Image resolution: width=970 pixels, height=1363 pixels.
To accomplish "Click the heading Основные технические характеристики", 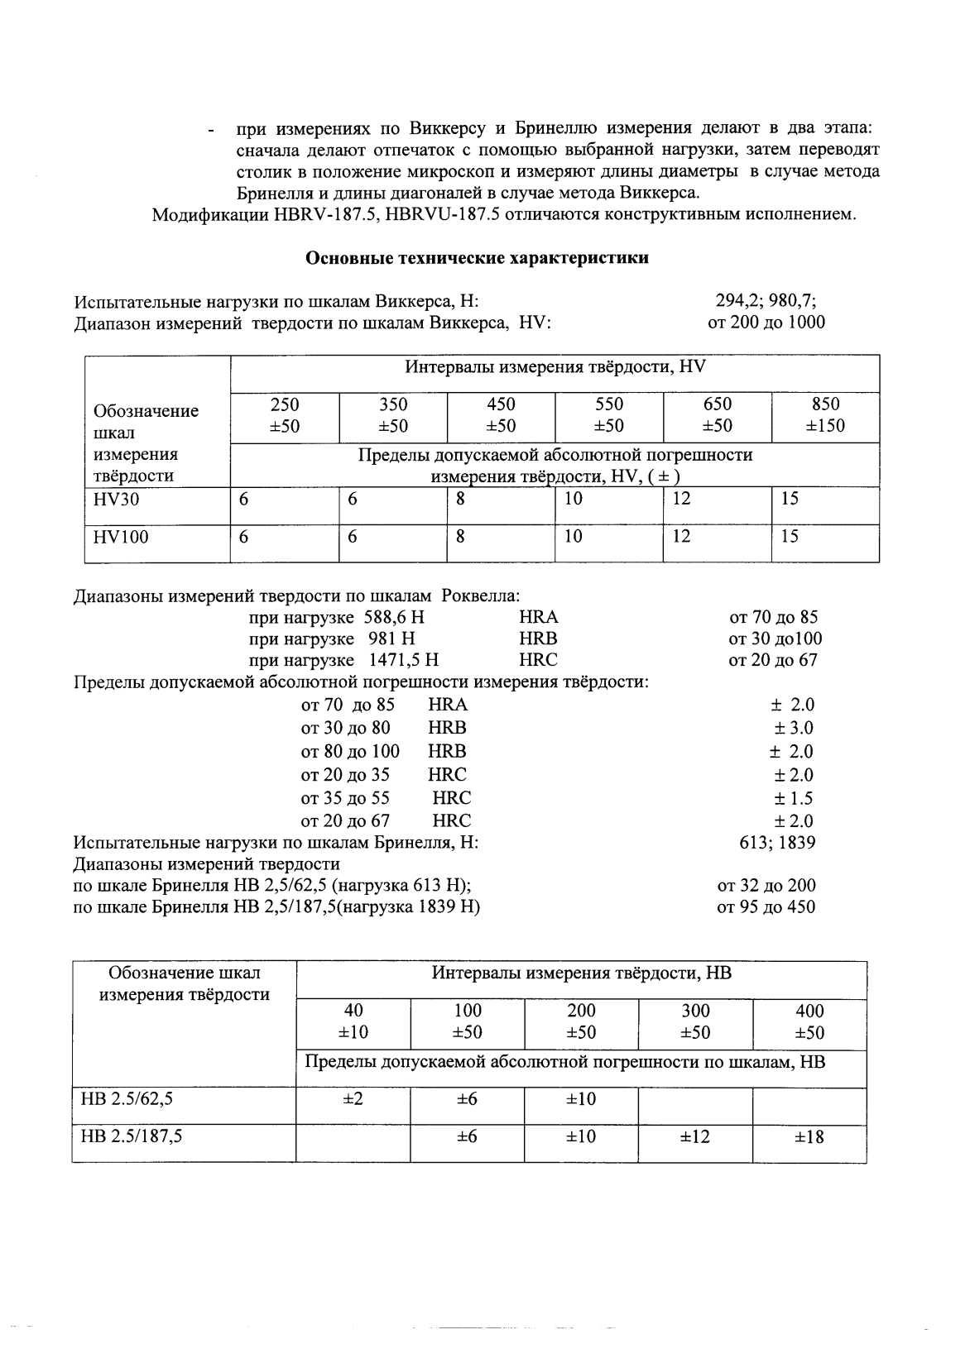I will pos(477,258).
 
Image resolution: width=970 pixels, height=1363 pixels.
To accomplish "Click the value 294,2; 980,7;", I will pos(766,302).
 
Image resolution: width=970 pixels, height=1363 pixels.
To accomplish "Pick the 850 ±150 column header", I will pos(825,415).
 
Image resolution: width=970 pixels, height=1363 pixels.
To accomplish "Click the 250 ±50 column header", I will pos(285,415).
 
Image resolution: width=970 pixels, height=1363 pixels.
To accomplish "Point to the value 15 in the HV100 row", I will pos(790,537).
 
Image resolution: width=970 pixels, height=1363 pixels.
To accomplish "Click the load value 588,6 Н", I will pos(394,617).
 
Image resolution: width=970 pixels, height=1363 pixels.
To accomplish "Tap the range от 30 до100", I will pos(775,638).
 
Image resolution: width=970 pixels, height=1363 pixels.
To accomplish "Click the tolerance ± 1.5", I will pos(793,798).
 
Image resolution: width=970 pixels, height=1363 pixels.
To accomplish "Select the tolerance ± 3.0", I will pos(793,728).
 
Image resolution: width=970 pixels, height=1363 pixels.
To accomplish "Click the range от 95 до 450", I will pos(766,907).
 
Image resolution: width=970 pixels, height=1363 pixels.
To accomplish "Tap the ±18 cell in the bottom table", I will pos(809,1137).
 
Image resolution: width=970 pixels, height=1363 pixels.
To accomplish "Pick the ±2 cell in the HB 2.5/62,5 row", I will pos(353,1099).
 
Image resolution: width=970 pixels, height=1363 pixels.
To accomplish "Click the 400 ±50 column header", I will pos(809,1021).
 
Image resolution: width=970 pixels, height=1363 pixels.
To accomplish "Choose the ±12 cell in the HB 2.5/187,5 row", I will pos(694,1137).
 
